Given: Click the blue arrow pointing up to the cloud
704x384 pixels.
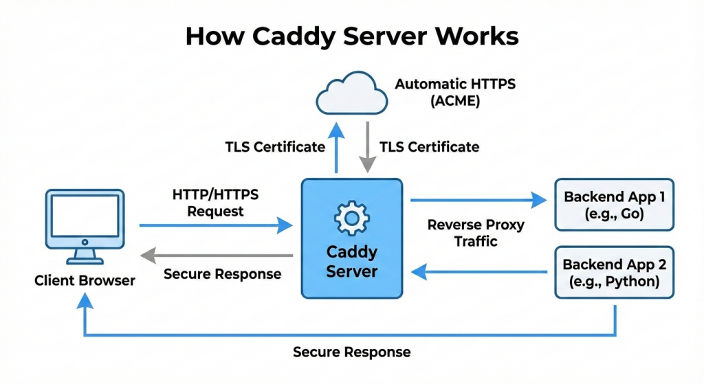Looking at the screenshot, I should (336, 148).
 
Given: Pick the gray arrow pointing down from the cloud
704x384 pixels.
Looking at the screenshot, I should (368, 147).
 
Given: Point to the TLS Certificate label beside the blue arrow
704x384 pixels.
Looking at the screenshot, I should (275, 146).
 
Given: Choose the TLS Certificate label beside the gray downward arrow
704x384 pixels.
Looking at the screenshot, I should (430, 146).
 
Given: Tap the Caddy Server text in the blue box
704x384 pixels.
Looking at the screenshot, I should (351, 261).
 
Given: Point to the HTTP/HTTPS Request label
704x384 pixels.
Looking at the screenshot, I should (215, 203).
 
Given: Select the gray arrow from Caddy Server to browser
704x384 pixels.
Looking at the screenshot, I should (217, 256).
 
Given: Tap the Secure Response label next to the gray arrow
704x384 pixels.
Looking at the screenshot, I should (222, 274).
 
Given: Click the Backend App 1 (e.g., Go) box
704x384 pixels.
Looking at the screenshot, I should (614, 205).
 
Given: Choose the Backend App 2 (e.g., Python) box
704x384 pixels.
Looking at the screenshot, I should (614, 273).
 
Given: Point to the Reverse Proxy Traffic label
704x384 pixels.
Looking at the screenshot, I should (476, 233).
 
